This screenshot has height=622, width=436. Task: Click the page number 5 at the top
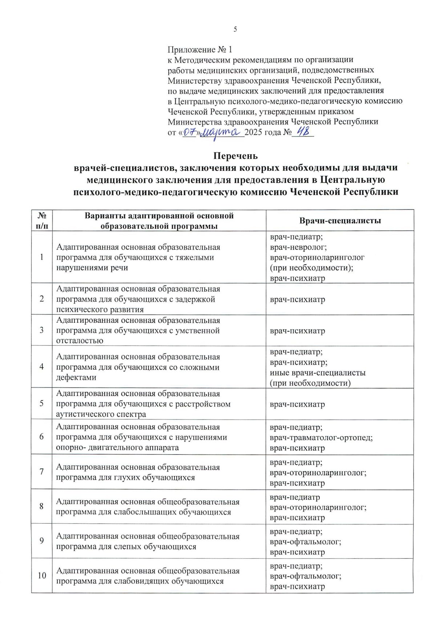[x=235, y=29]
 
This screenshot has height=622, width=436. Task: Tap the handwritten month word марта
[x=221, y=133]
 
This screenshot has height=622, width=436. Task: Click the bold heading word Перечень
[x=235, y=156]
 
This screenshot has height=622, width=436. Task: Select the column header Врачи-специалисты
[x=340, y=221]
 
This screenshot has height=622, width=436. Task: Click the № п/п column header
[x=42, y=221]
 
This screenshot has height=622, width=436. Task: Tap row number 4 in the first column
[x=42, y=367]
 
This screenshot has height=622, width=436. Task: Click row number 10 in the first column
[x=42, y=575]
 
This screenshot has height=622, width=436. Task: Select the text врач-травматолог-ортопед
[x=321, y=437]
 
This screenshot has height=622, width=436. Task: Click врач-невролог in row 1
[x=298, y=247]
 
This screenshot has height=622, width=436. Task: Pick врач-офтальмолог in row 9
[x=305, y=542]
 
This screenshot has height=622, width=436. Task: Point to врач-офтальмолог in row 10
[x=305, y=576]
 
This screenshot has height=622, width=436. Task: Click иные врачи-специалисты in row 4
[x=318, y=373]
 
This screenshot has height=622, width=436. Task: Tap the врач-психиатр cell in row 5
[x=297, y=404]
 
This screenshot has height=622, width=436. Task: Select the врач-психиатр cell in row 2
[x=297, y=300]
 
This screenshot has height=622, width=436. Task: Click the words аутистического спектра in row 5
[x=101, y=414]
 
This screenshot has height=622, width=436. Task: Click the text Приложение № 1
[x=199, y=49]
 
